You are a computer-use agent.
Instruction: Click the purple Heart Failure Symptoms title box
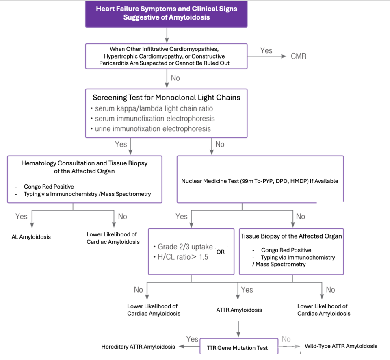coord(166,13)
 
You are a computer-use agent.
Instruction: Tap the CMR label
coord(299,56)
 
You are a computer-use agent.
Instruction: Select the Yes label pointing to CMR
coord(266,50)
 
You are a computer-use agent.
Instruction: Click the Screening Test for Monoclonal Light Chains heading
coord(166,98)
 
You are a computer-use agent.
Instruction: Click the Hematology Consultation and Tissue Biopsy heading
coord(84,167)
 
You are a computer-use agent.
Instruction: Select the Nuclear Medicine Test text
coord(260,181)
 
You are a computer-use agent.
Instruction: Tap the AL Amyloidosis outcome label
coord(31,237)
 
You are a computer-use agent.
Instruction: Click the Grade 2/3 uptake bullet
coord(183,247)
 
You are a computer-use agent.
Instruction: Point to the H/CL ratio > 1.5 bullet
coord(181,257)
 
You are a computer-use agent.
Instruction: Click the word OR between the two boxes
coord(221,252)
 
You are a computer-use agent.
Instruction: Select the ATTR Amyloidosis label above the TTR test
coord(239,310)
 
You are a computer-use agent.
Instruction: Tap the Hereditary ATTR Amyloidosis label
coord(138,347)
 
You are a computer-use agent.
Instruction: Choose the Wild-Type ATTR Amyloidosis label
coord(341,346)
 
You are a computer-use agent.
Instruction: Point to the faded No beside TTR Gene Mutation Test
coord(286,339)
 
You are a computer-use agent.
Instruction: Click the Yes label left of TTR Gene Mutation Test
coord(192,339)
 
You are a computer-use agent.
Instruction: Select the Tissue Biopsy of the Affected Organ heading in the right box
coord(291,236)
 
